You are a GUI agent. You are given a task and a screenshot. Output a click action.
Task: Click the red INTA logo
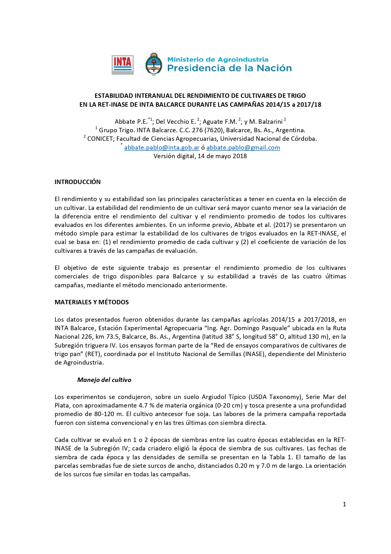pos(122,65)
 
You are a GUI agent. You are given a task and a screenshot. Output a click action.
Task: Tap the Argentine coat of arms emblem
pos(154,64)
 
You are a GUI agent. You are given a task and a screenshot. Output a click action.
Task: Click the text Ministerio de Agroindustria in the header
pos(218,59)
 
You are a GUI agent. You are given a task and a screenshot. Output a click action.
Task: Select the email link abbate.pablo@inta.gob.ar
pos(162,147)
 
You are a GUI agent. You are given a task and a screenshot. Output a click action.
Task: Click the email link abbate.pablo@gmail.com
pos(243,147)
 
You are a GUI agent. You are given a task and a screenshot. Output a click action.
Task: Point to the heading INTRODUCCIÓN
pos(78,182)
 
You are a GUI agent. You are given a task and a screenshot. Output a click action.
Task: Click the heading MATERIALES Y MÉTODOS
pos(91,302)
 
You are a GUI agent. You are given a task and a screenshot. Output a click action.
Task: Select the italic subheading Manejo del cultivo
pos(104,380)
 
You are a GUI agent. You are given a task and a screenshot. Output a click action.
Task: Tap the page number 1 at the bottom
pos(344,504)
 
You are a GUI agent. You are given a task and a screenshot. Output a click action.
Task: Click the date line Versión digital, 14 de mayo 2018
pos(200,156)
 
